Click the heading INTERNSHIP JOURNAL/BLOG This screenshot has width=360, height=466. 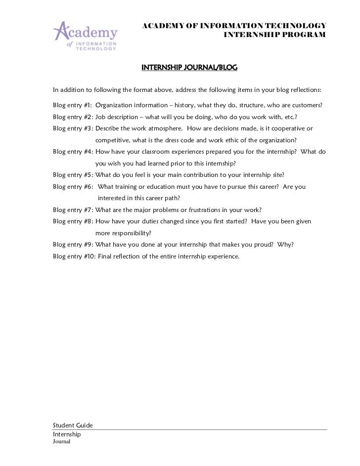[x=190, y=67]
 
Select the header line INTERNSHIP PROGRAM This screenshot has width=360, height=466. [x=275, y=35]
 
